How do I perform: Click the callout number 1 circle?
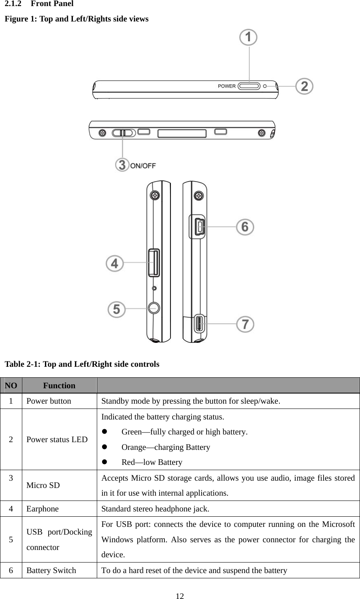pyautogui.click(x=249, y=38)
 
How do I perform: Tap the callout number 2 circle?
pyautogui.click(x=305, y=86)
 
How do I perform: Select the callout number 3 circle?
pyautogui.click(x=122, y=165)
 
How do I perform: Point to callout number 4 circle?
pyautogui.click(x=115, y=263)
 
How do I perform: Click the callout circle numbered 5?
pyautogui.click(x=116, y=310)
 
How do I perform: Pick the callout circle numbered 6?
pyautogui.click(x=245, y=227)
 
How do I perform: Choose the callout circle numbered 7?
pyautogui.click(x=245, y=324)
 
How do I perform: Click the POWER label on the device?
pyautogui.click(x=227, y=86)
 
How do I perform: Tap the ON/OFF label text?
pyautogui.click(x=143, y=165)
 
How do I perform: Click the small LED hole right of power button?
pyautogui.click(x=265, y=86)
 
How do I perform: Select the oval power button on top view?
pyautogui.click(x=249, y=86)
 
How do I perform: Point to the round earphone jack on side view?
pyautogui.click(x=153, y=308)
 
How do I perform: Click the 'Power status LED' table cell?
pyautogui.click(x=57, y=439)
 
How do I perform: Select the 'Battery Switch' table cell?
pyautogui.click(x=51, y=570)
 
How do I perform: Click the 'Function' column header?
pyautogui.click(x=59, y=385)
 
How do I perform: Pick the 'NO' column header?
pyautogui.click(x=11, y=385)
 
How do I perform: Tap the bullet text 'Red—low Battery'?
pyautogui.click(x=152, y=462)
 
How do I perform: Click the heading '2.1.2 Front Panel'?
pyautogui.click(x=39, y=4)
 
